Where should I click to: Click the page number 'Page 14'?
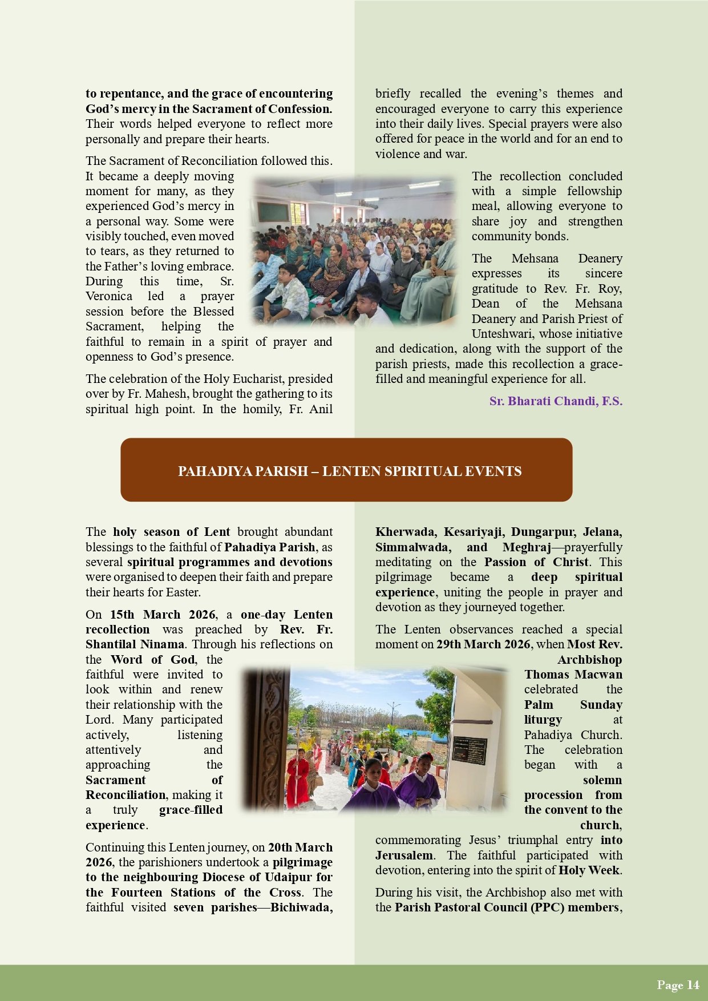point(678,985)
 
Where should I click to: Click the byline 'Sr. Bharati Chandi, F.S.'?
point(556,401)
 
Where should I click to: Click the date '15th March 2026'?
point(163,615)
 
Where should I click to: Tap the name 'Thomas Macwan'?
point(573,675)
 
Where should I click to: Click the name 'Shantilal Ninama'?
point(135,644)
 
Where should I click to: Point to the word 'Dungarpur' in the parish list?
point(543,532)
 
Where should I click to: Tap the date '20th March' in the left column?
point(300,847)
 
